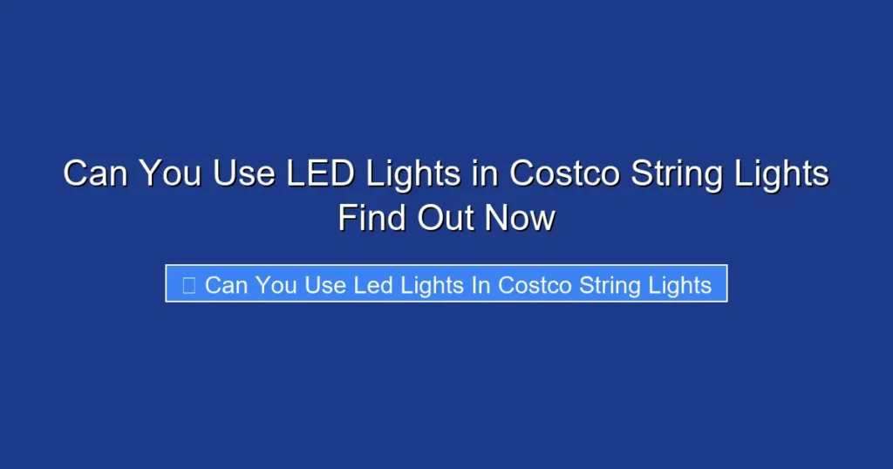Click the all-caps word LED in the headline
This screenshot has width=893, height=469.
coord(321,173)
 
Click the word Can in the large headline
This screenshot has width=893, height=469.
coord(97,173)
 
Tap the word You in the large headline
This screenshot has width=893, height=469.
coord(171,173)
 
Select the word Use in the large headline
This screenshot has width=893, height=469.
coord(245,173)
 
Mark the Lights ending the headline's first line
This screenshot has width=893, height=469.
coord(781,175)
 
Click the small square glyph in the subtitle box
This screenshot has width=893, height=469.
coord(188,284)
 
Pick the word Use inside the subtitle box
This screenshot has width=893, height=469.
coord(324,285)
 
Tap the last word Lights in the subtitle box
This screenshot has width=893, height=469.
coord(681,286)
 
